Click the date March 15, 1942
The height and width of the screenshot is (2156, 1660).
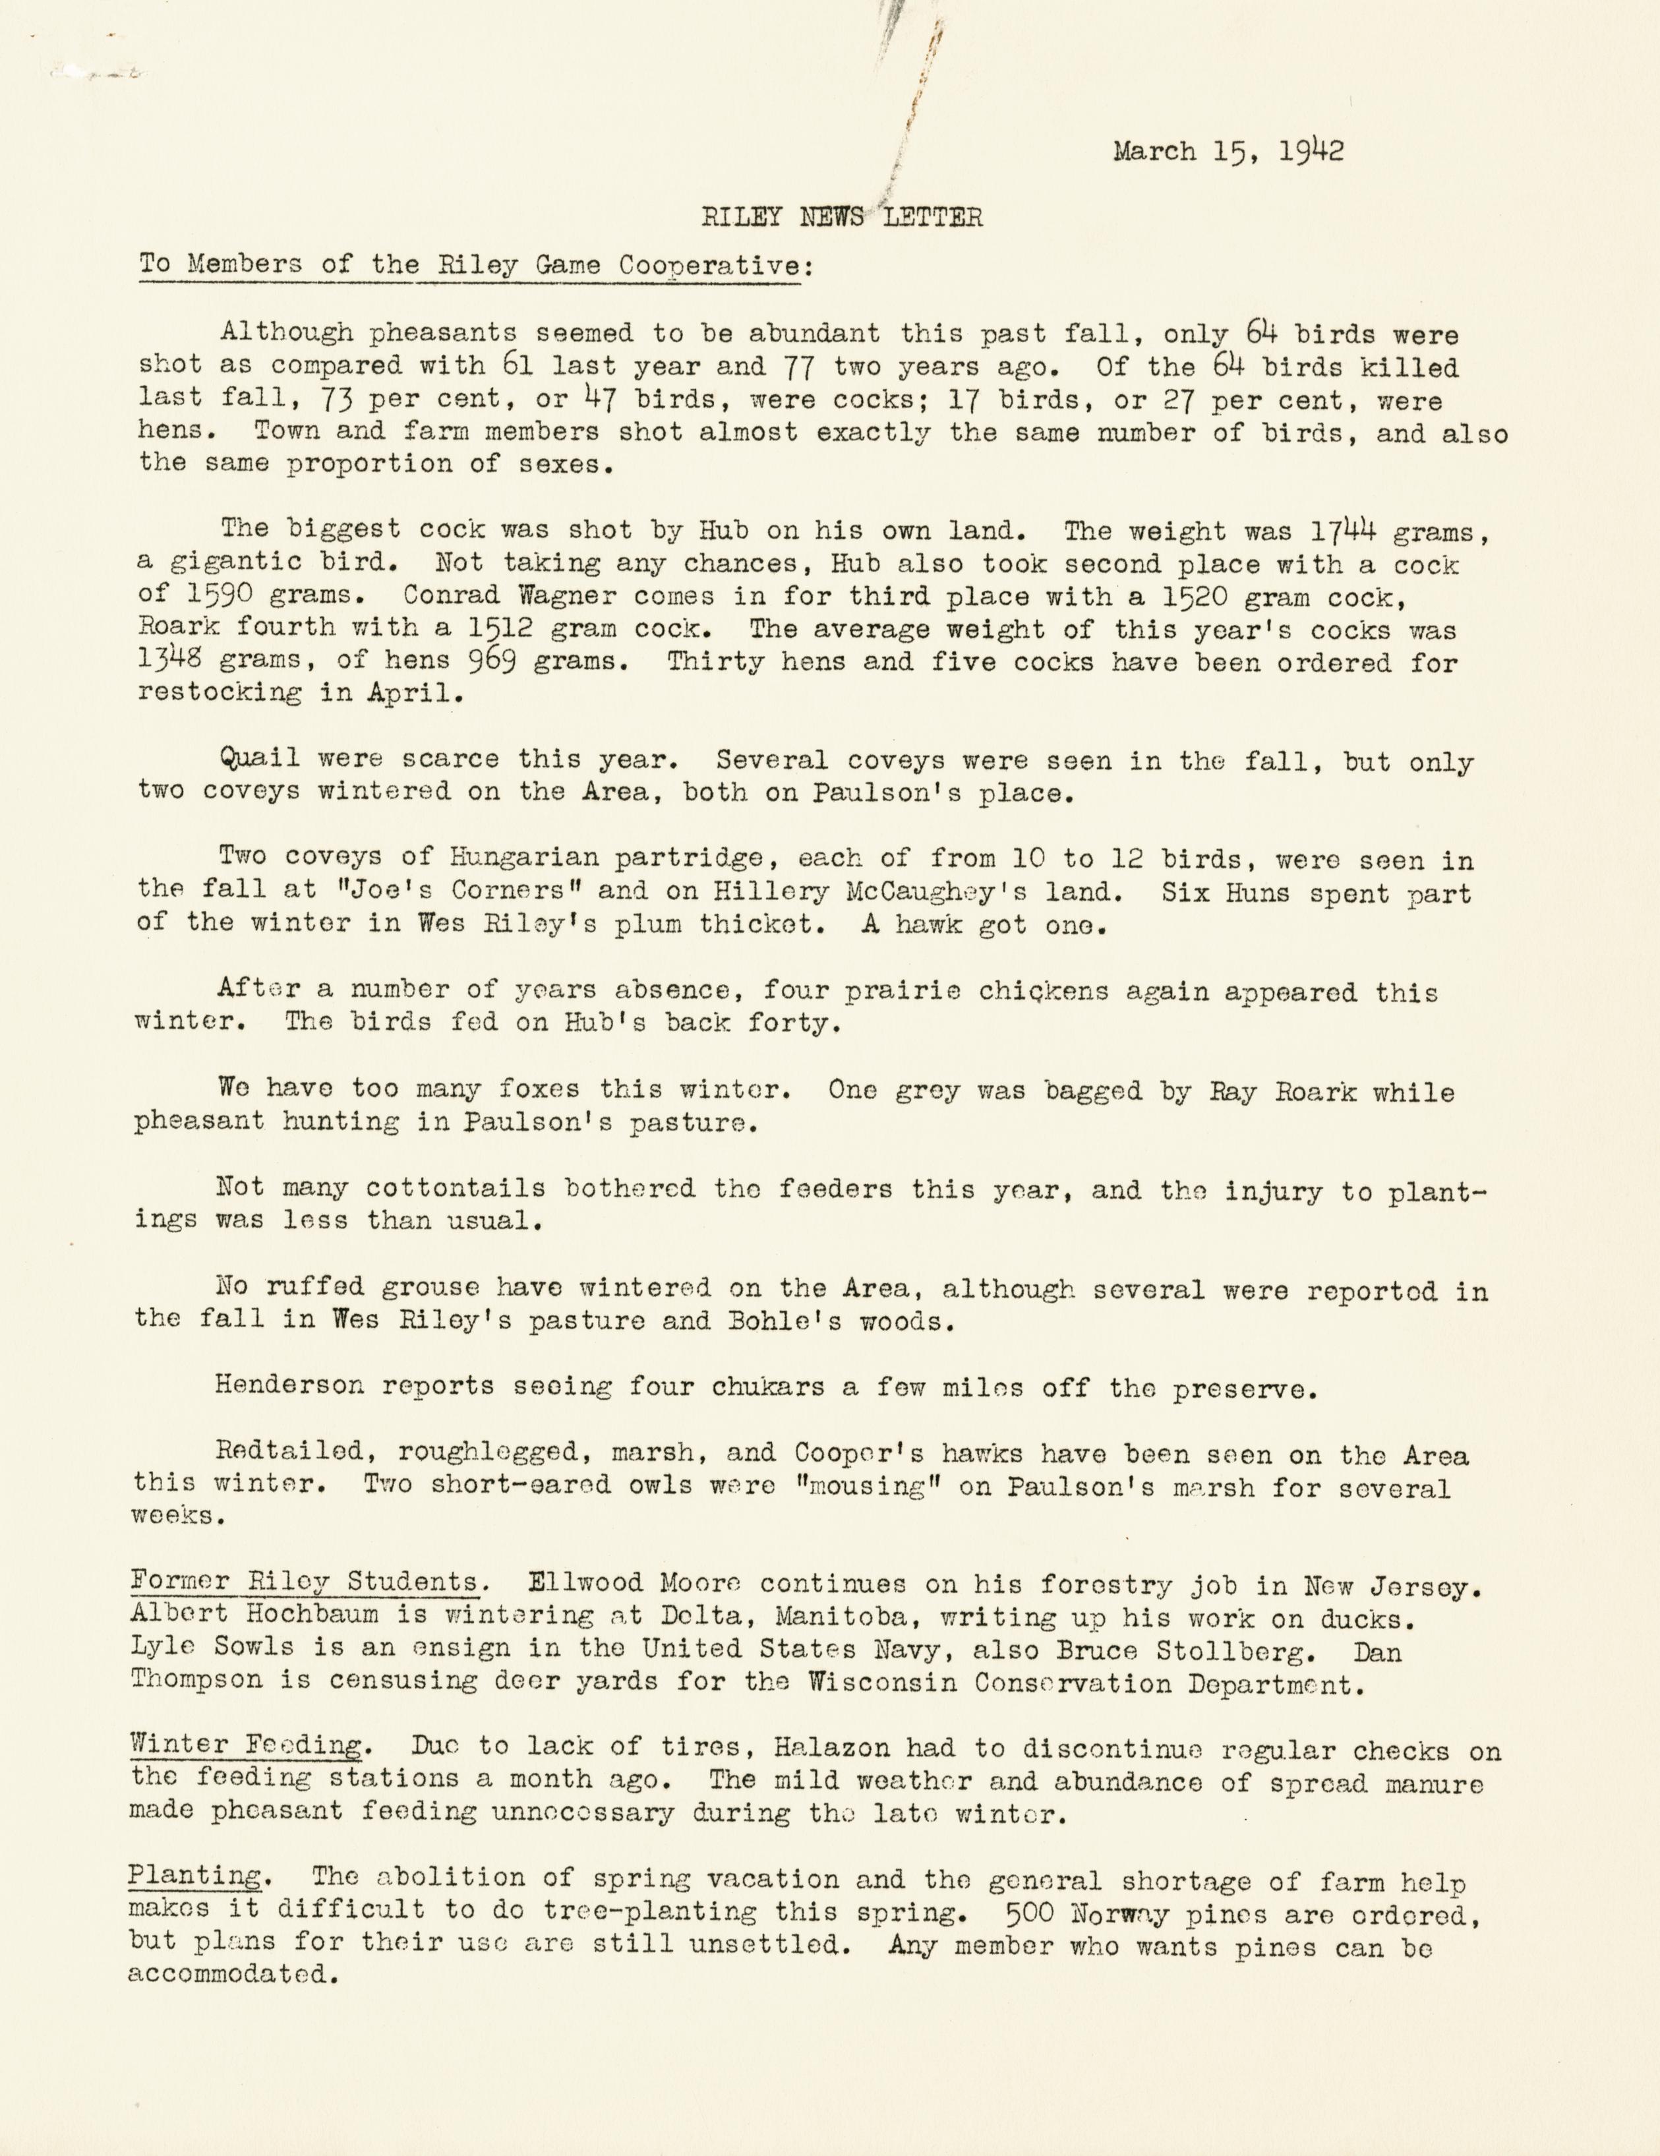[x=1228, y=152]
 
